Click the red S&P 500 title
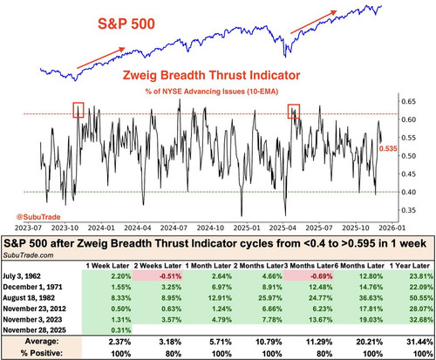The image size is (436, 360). coord(126,24)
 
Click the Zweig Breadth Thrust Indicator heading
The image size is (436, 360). coord(211,75)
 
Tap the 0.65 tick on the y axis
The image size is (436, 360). coord(409,101)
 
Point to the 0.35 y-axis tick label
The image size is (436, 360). coord(409,210)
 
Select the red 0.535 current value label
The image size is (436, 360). coord(388,148)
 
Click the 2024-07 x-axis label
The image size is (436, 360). coord(174,228)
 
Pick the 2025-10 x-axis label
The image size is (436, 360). coord(356,228)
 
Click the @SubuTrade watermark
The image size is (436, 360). coord(38,217)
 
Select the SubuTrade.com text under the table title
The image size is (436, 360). coord(28,255)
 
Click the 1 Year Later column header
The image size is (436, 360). coord(409,266)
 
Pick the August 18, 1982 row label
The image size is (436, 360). coord(29,298)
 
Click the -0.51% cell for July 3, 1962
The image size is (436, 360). coord(170,276)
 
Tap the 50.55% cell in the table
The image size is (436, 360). coord(421,298)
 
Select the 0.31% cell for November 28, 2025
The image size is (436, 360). coord(121,330)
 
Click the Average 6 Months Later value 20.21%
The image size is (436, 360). coord(369,342)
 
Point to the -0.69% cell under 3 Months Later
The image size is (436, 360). coord(321,276)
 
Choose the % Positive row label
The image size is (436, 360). coord(42,353)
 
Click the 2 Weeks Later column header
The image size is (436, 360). coord(158,266)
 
